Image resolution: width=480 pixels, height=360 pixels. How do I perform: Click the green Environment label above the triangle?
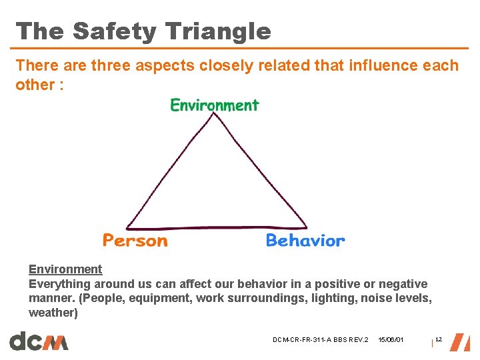click(x=214, y=105)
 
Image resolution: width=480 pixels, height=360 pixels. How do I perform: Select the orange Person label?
click(x=135, y=240)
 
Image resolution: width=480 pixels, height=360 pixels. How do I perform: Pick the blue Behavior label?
click(x=305, y=240)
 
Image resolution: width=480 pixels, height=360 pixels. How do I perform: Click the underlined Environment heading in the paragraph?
click(x=65, y=269)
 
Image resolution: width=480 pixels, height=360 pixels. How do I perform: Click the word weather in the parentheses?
click(x=52, y=313)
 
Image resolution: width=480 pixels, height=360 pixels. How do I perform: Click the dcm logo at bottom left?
click(x=39, y=341)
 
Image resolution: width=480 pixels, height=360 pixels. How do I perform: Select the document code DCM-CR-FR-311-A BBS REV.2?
click(x=320, y=341)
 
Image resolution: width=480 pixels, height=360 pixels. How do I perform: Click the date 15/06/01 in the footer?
click(x=391, y=341)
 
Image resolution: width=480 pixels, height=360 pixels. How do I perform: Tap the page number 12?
click(x=439, y=340)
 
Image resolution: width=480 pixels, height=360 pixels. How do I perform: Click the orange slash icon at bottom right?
click(x=460, y=341)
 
